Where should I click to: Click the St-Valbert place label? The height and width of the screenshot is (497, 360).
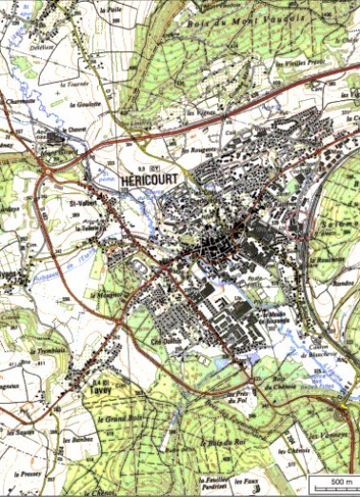(x=86, y=201)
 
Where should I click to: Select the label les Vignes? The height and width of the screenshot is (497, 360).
(x=197, y=111)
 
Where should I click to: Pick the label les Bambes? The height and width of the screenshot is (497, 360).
(x=344, y=283)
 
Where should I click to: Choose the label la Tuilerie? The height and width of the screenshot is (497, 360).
(x=90, y=228)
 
